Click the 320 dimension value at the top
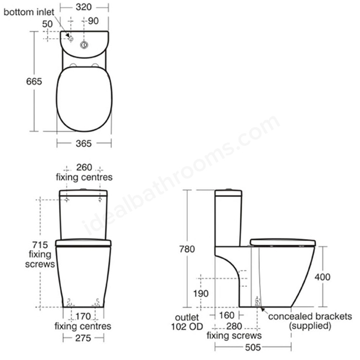pyautogui.click(x=84, y=7)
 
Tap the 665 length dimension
pyautogui.click(x=34, y=82)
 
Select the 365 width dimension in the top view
pyautogui.click(x=84, y=144)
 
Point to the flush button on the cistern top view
pyautogui.click(x=84, y=45)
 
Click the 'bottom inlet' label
pyautogui.click(x=29, y=12)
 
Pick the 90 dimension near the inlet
pyautogui.click(x=93, y=21)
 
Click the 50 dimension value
pyautogui.click(x=47, y=24)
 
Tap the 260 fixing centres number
pyautogui.click(x=84, y=168)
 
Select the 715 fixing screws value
pyautogui.click(x=40, y=245)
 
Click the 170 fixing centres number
pyautogui.click(x=83, y=316)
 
